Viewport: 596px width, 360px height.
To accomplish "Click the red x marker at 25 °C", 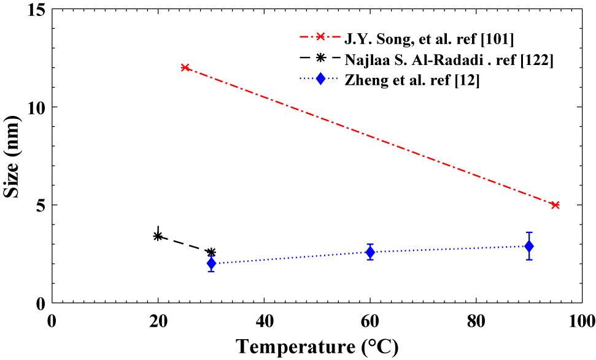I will point(185,67).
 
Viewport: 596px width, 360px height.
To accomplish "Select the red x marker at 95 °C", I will point(555,205).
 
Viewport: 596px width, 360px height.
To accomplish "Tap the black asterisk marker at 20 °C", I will point(158,236).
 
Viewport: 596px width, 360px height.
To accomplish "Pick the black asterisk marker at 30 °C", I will point(211,252).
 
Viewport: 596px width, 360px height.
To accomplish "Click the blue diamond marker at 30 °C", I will point(211,264).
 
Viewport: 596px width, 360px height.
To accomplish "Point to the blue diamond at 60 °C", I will point(370,252).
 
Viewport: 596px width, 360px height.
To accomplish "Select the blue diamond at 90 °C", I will point(528,246).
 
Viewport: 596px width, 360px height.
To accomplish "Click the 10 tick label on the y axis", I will point(36,107).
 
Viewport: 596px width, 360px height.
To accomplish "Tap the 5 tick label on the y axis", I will point(40,205).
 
